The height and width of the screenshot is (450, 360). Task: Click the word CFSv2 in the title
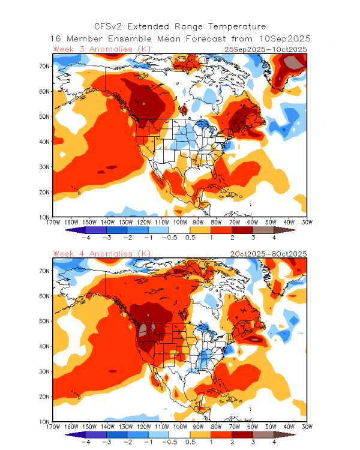pyautogui.click(x=108, y=26)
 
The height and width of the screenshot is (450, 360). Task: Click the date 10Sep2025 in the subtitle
pyautogui.click(x=285, y=39)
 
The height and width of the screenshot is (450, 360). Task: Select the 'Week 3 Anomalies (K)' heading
pyautogui.click(x=102, y=49)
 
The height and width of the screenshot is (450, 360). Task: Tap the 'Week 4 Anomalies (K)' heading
pyautogui.click(x=102, y=254)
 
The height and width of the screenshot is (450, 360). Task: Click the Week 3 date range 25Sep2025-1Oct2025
pyautogui.click(x=266, y=49)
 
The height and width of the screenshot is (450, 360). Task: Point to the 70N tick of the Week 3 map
pyautogui.click(x=44, y=66)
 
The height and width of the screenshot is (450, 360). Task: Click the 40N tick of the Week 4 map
pyautogui.click(x=44, y=346)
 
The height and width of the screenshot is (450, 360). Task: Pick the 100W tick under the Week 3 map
pyautogui.click(x=180, y=223)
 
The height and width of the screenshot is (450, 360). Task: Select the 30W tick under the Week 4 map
pyautogui.click(x=307, y=427)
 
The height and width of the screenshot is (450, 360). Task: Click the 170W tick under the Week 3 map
pyautogui.click(x=53, y=223)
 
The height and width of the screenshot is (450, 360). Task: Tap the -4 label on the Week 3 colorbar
pyautogui.click(x=86, y=238)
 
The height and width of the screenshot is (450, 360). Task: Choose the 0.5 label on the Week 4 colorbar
pyautogui.click(x=190, y=442)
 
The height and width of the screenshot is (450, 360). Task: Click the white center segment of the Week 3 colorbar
pyautogui.click(x=179, y=230)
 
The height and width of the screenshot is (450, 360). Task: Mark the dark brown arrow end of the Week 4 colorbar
pyautogui.click(x=284, y=434)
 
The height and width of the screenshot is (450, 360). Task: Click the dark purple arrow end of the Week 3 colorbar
pyautogui.click(x=75, y=230)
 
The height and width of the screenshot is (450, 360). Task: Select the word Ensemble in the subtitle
pyautogui.click(x=130, y=39)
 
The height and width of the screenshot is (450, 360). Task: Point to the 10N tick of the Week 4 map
pyautogui.click(x=44, y=422)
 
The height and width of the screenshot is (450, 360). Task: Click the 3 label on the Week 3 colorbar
pyautogui.click(x=253, y=238)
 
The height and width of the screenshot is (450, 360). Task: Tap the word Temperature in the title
pyautogui.click(x=237, y=27)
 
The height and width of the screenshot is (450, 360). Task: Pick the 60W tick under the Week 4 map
pyautogui.click(x=253, y=427)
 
